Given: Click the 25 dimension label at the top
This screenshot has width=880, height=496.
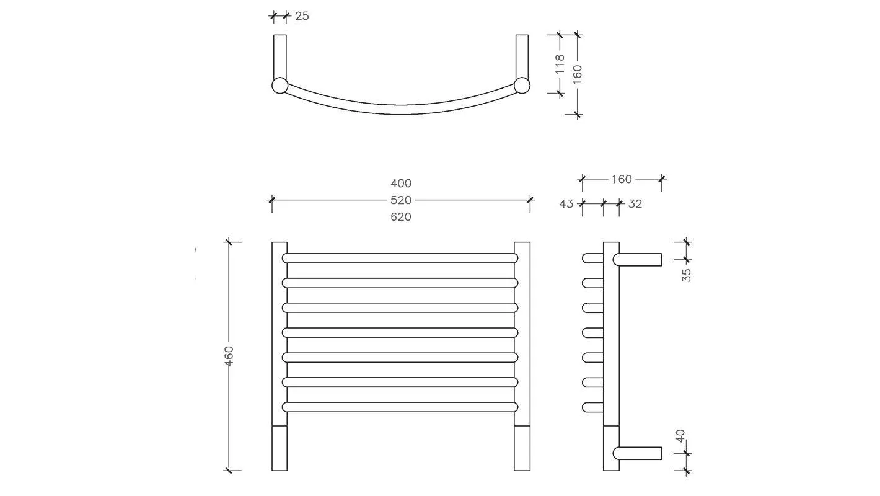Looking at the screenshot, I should (302, 16).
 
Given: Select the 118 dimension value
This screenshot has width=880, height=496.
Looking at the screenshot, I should (560, 64).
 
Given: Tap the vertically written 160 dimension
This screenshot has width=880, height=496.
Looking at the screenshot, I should (578, 74).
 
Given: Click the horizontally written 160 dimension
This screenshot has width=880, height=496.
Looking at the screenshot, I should (621, 179).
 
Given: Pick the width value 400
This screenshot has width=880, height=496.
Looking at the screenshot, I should (401, 184).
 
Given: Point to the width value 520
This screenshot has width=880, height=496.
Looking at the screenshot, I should (401, 200).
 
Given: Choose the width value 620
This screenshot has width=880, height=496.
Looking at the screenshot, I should (401, 217).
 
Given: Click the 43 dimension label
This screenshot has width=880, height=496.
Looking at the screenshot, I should (566, 204).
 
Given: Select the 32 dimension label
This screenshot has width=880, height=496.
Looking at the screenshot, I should (635, 204).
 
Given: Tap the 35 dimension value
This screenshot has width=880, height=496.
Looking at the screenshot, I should (687, 275).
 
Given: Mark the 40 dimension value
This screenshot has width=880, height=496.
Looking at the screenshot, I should (680, 436).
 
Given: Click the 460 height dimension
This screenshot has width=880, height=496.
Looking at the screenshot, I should (229, 356).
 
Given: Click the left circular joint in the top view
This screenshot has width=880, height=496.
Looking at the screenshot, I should (280, 86).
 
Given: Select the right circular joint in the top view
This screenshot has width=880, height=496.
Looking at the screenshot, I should (522, 86).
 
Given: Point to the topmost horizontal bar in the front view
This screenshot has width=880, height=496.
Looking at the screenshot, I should (400, 258).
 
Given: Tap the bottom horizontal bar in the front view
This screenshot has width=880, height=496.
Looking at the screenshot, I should (400, 407).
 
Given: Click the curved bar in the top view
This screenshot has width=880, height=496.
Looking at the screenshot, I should (401, 109).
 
